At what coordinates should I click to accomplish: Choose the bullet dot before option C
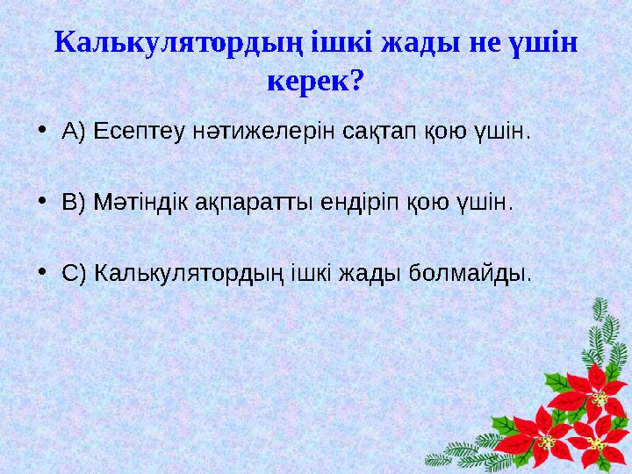click(x=44, y=272)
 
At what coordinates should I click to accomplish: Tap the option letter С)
click(x=74, y=272)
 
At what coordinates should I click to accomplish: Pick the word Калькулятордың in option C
click(x=188, y=272)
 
